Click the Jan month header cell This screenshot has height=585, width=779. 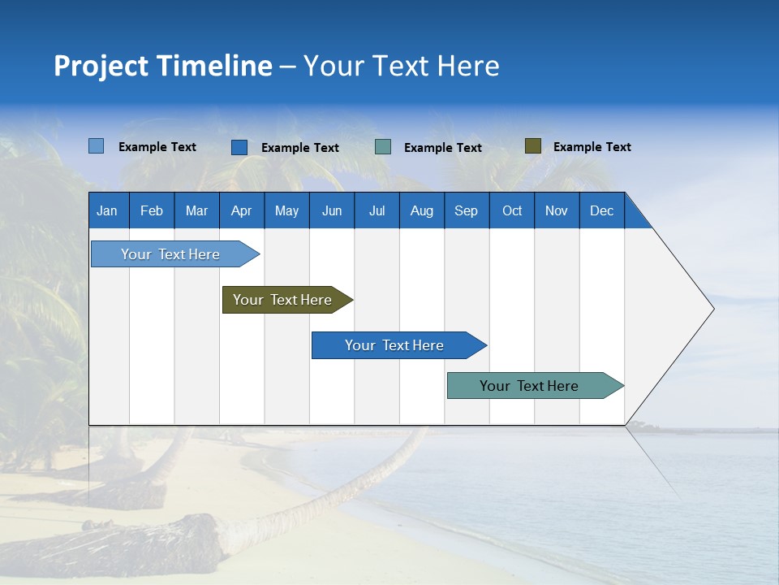[108, 210]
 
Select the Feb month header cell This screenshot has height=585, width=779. [152, 210]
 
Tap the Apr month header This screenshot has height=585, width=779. [242, 210]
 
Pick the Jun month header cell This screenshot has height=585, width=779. [332, 210]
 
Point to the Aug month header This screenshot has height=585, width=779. [422, 210]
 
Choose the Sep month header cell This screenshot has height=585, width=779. [467, 210]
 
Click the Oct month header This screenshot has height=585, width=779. [512, 210]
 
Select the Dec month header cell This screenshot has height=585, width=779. [602, 210]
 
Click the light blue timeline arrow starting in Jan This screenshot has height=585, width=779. [171, 254]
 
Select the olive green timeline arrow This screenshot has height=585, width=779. [283, 300]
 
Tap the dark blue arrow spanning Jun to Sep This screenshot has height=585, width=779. [395, 345]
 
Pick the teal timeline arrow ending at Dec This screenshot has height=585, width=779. [530, 386]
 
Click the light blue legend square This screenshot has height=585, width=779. [96, 146]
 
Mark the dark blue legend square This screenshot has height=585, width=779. [239, 147]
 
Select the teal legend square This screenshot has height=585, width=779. [383, 147]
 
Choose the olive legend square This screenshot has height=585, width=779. [532, 146]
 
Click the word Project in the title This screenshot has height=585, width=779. [101, 66]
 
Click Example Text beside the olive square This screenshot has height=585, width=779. [592, 147]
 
